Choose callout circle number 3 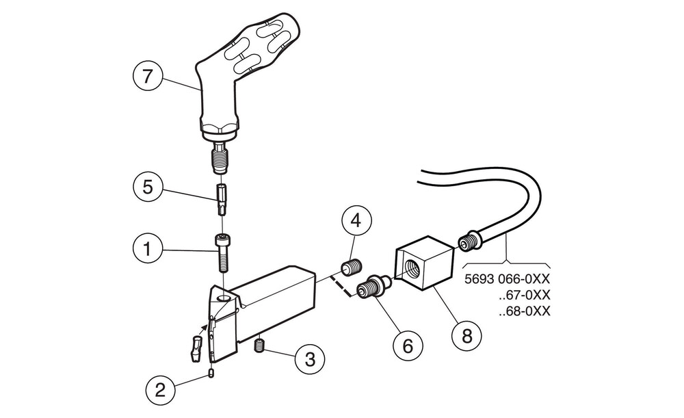[310, 358]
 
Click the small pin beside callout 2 [212, 373]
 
